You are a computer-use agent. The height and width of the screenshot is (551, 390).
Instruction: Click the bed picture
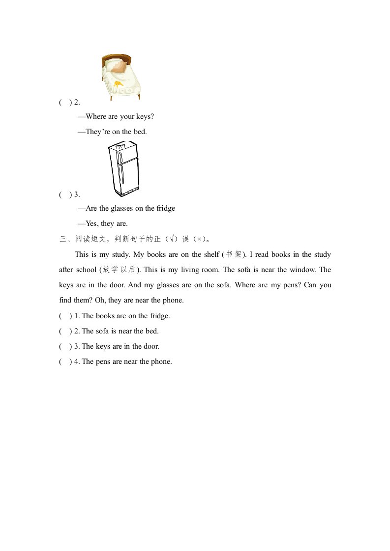(122, 77)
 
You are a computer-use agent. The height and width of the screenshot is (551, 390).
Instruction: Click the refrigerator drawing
(123, 168)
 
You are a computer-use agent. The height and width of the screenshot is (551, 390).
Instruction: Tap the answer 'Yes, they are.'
(106, 223)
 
